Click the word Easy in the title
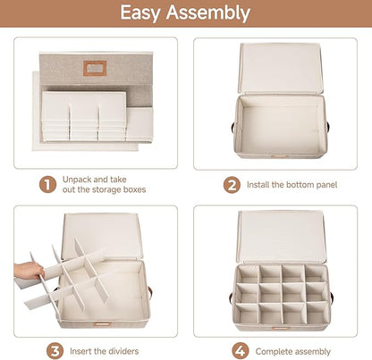click(x=140, y=13)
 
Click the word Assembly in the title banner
click(x=208, y=13)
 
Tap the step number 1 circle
click(x=47, y=185)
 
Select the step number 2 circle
click(x=232, y=185)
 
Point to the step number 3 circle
click(x=55, y=351)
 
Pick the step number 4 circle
click(x=241, y=351)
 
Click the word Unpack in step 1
click(x=76, y=180)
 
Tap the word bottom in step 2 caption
click(x=299, y=185)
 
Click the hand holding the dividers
click(x=29, y=271)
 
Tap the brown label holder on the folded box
click(x=95, y=69)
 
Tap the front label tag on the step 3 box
click(x=102, y=323)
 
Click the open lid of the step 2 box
click(x=280, y=69)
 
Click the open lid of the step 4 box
click(x=281, y=237)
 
